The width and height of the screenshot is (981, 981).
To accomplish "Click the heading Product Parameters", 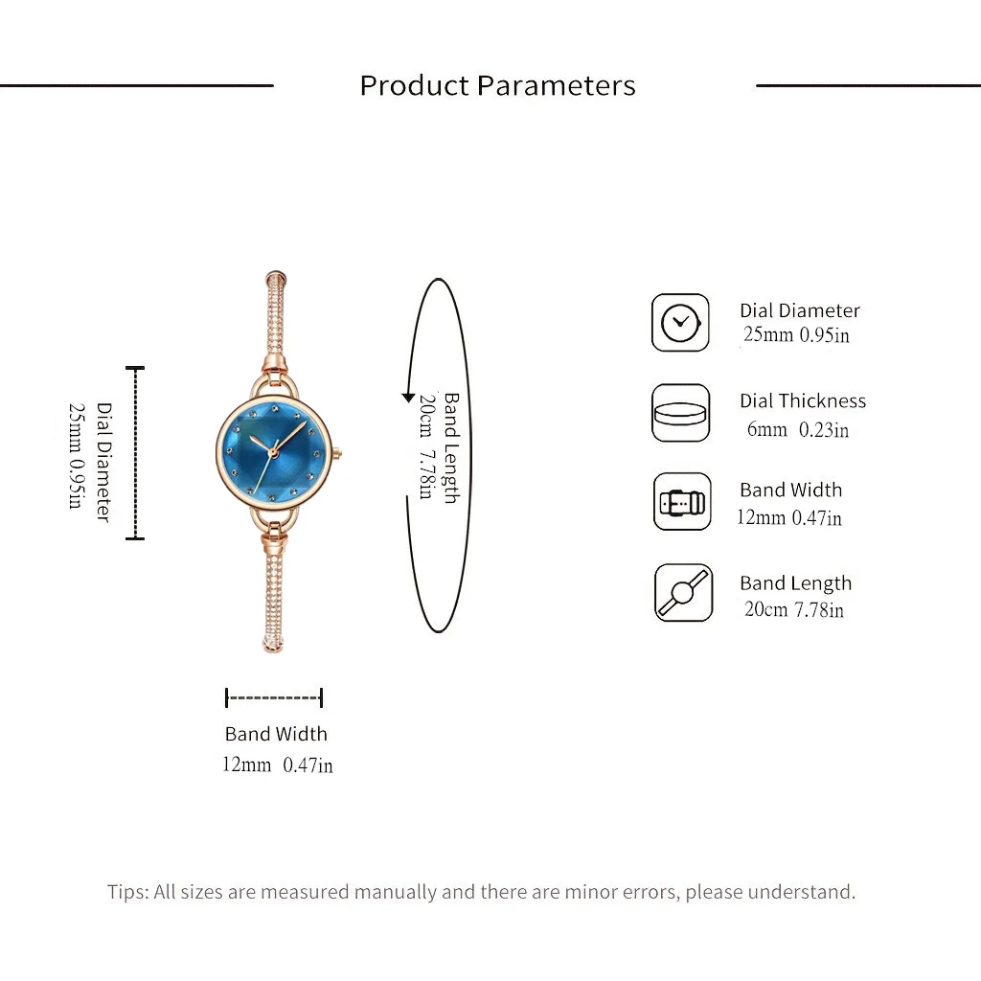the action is click(497, 85).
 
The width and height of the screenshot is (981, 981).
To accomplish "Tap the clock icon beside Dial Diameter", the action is click(681, 322).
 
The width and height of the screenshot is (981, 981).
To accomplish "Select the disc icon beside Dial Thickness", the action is click(681, 413).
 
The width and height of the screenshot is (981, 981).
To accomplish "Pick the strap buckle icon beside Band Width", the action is click(682, 502).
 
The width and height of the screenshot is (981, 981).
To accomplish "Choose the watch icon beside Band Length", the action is click(683, 592).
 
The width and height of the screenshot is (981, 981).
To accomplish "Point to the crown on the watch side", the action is click(338, 452).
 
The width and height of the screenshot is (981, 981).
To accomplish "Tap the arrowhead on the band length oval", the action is click(408, 398).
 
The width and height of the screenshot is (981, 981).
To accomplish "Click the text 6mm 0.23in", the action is click(798, 430).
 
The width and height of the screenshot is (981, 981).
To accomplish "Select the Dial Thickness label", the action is click(803, 400).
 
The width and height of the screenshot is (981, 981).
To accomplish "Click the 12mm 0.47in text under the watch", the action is click(278, 764).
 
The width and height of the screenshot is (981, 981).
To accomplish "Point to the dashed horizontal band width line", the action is click(274, 697).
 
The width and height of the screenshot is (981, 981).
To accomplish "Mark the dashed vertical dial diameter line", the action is click(135, 453).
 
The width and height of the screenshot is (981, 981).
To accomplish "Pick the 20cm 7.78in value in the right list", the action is click(794, 609).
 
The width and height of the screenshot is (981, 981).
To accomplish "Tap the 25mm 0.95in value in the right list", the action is click(796, 334).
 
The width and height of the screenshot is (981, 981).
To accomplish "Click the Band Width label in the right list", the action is click(790, 490).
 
